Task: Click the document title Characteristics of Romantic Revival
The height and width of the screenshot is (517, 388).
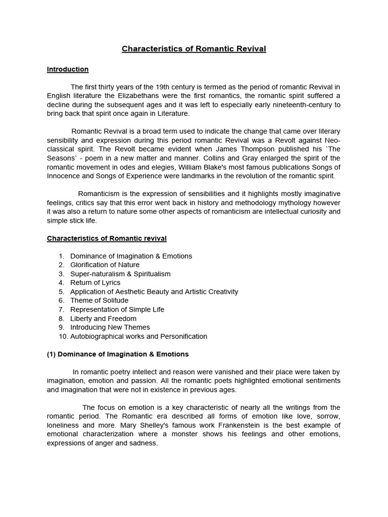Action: pyautogui.click(x=194, y=49)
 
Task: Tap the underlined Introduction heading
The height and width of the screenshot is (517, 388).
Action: pyautogui.click(x=68, y=69)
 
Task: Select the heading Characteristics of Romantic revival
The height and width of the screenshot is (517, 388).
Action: pyautogui.click(x=107, y=238)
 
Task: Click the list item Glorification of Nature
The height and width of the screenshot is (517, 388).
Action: pyautogui.click(x=105, y=265)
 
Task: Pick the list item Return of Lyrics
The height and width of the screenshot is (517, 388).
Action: pyautogui.click(x=95, y=283)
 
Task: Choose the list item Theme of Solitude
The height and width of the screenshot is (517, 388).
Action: pyautogui.click(x=99, y=300)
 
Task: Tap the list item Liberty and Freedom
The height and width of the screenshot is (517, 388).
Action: pyautogui.click(x=103, y=319)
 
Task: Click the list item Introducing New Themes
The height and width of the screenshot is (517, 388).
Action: pyautogui.click(x=110, y=327)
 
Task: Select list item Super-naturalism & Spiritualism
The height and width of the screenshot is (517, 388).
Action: pyautogui.click(x=120, y=274)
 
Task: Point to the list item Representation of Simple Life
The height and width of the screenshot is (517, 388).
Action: pyautogui.click(x=117, y=309)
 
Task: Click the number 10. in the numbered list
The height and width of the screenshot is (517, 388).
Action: pyautogui.click(x=63, y=336)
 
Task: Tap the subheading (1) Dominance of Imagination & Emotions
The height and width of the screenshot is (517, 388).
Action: pyautogui.click(x=118, y=354)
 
